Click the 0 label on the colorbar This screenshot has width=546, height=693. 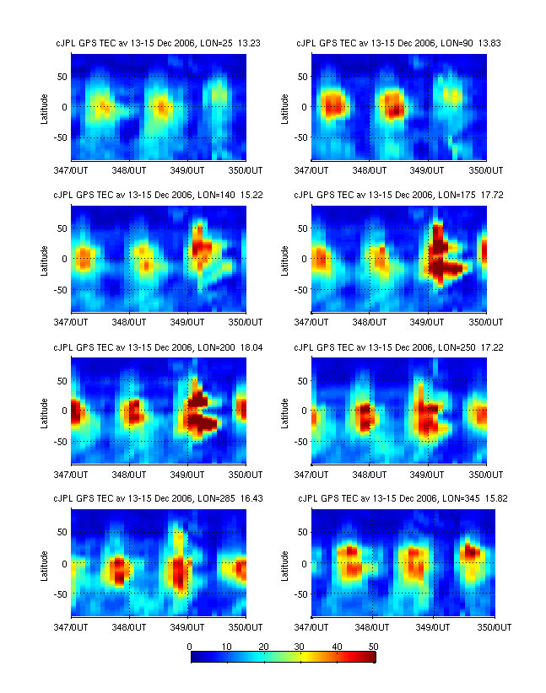pyautogui.click(x=191, y=646)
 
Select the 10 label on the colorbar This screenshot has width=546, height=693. pyautogui.click(x=227, y=646)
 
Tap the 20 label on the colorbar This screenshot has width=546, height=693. pyautogui.click(x=264, y=646)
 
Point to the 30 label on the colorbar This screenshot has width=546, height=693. pyautogui.click(x=300, y=646)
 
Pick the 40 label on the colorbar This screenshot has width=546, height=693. pyautogui.click(x=337, y=646)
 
